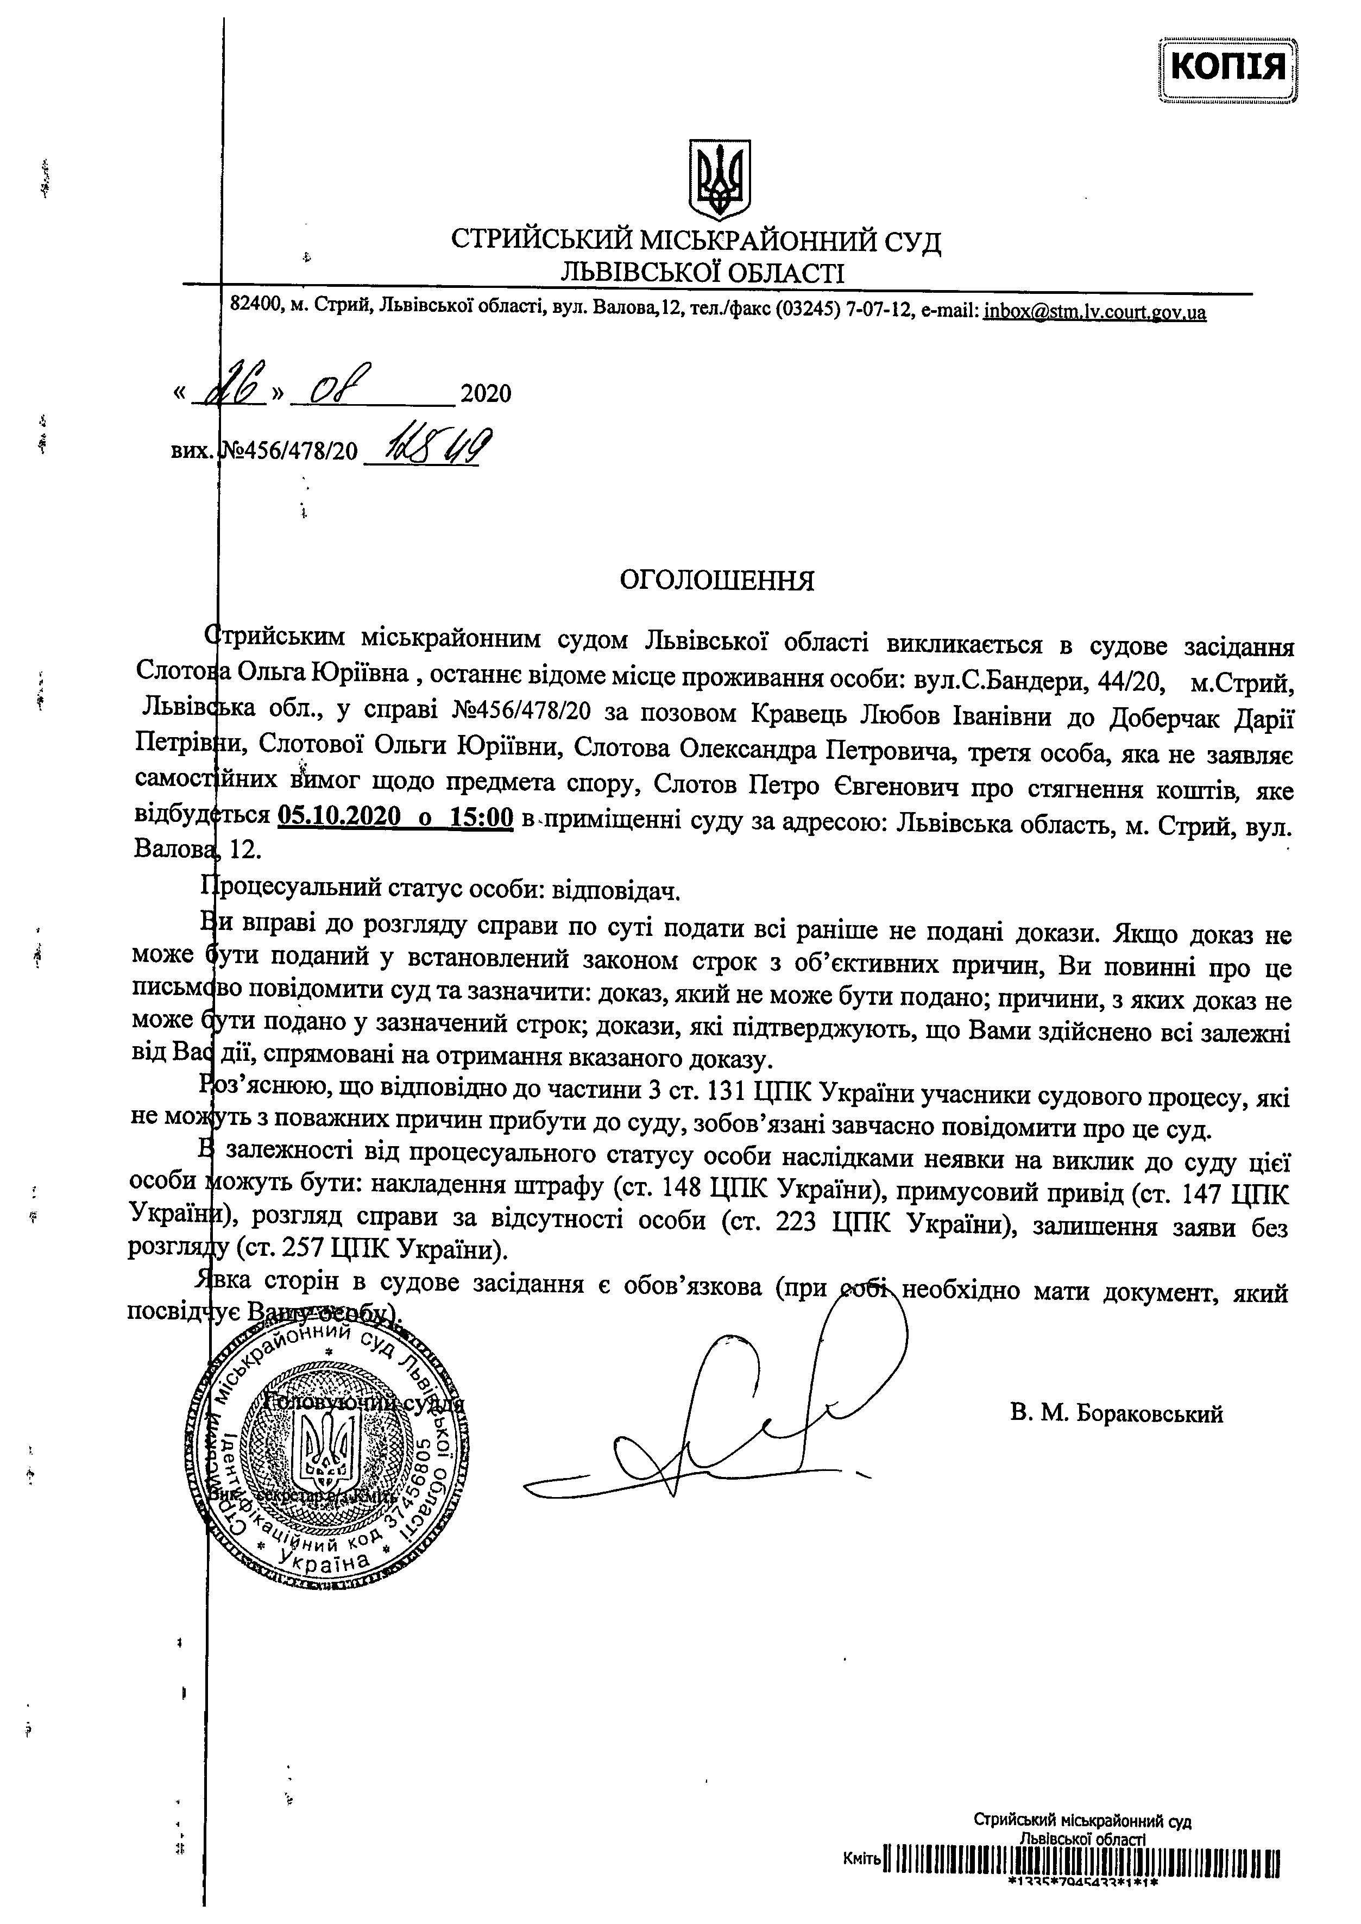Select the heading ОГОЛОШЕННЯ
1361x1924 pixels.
[716, 581]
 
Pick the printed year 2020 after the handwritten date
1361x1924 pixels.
[486, 393]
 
